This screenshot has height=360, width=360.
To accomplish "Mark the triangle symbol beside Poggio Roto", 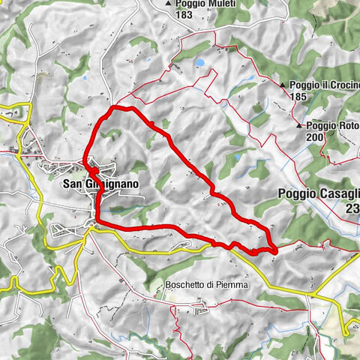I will (x=299, y=126).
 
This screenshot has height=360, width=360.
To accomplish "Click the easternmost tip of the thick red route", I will (x=277, y=248).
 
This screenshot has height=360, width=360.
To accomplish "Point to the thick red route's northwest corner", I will (x=112, y=109).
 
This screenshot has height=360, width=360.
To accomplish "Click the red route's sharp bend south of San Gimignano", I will (x=97, y=219).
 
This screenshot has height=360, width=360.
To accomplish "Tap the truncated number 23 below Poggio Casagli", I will (x=352, y=211).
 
